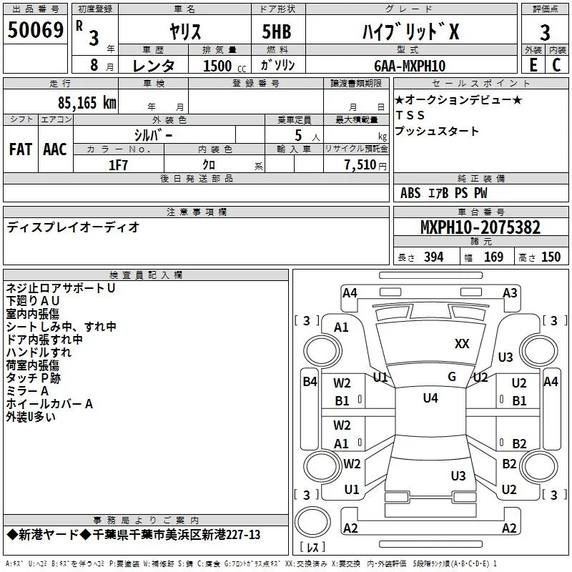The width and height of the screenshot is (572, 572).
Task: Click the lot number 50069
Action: point(35,30)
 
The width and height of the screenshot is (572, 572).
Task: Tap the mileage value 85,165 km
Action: point(87,103)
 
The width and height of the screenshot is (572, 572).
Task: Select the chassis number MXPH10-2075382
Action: point(480,227)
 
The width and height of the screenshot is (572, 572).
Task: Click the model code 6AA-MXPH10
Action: point(410,66)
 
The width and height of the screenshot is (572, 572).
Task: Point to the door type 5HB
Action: point(277,31)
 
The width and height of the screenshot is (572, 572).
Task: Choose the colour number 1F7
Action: point(118,165)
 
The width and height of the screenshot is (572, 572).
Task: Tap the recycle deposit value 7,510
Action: point(360,165)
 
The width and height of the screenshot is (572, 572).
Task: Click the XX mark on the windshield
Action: point(462,344)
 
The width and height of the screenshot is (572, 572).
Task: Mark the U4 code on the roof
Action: point(430,398)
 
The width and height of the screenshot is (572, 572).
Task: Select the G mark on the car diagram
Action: point(452,377)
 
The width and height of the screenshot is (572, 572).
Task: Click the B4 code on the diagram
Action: point(310,382)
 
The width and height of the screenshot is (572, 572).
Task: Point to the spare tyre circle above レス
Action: point(312,522)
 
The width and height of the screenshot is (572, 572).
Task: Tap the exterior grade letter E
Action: point(533,65)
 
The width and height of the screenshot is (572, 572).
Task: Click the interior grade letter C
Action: point(556,65)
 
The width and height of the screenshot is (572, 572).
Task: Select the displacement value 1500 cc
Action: point(225,66)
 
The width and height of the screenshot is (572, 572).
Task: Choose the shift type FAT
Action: point(21,149)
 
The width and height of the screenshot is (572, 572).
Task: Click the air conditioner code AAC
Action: point(55,149)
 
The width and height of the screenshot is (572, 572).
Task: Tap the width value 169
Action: point(493,257)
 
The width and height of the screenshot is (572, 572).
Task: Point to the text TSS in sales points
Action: point(410,115)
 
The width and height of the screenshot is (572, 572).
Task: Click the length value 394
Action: point(434,257)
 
